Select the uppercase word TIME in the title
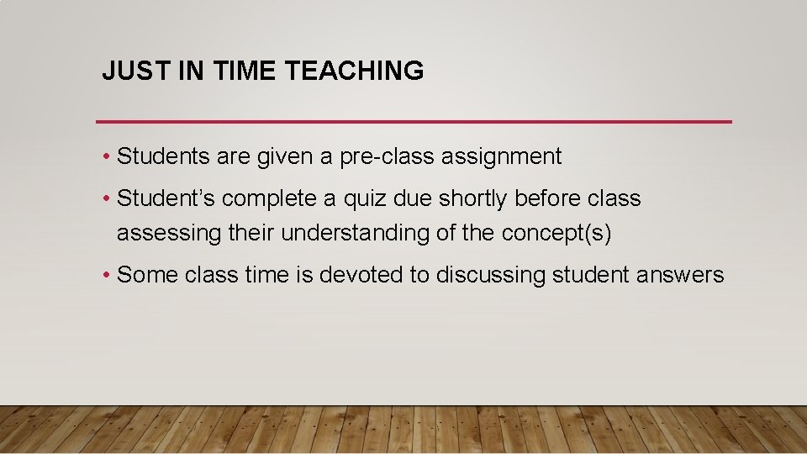(x=245, y=71)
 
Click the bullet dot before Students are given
(x=108, y=157)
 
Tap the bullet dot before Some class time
(x=108, y=276)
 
